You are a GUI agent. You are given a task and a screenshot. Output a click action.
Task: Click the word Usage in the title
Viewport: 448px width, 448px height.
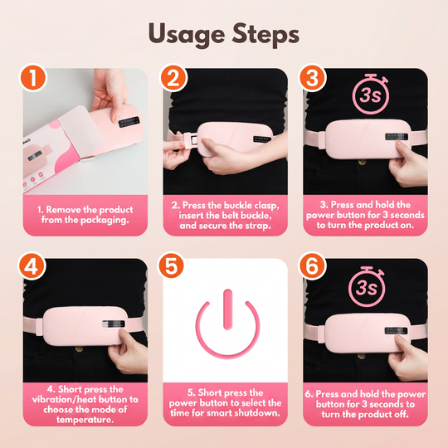click(x=187, y=35)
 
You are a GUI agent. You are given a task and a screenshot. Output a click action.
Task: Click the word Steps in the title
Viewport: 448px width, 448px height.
click(x=265, y=34)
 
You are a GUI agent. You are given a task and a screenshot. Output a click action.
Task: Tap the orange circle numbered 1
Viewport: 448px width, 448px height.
click(x=33, y=77)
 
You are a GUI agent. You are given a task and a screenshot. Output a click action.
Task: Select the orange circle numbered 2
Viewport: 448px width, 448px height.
click(x=173, y=77)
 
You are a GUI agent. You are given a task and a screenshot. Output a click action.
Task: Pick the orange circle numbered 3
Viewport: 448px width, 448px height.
click(x=312, y=77)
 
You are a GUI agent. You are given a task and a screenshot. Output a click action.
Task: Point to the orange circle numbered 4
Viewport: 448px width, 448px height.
click(x=32, y=266)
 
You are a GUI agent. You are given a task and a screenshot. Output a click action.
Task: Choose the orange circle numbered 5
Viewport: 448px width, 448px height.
click(x=171, y=265)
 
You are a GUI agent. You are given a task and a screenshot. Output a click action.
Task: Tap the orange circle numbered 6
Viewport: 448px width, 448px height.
click(x=312, y=265)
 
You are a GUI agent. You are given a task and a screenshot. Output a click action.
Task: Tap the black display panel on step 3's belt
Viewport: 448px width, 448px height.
click(x=397, y=137)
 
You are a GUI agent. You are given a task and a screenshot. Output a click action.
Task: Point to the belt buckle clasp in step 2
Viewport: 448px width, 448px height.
click(x=191, y=140)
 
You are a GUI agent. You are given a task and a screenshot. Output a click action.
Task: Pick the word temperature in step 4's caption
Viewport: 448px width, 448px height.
click(x=85, y=420)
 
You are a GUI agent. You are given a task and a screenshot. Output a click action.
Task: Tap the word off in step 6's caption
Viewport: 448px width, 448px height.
click(x=400, y=414)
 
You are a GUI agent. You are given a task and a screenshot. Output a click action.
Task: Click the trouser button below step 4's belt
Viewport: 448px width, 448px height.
click(x=79, y=348)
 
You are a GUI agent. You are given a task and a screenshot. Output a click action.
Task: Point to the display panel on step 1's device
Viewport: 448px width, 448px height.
click(x=129, y=122)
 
